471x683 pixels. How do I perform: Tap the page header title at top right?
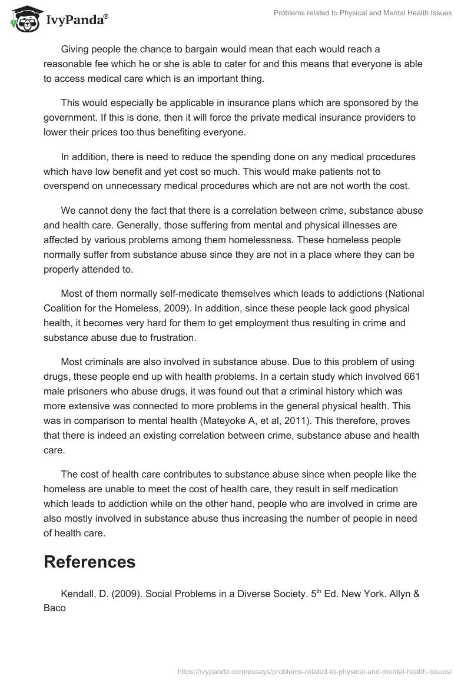363,13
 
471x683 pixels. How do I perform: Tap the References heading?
89,562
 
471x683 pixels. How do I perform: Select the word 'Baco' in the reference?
55,607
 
